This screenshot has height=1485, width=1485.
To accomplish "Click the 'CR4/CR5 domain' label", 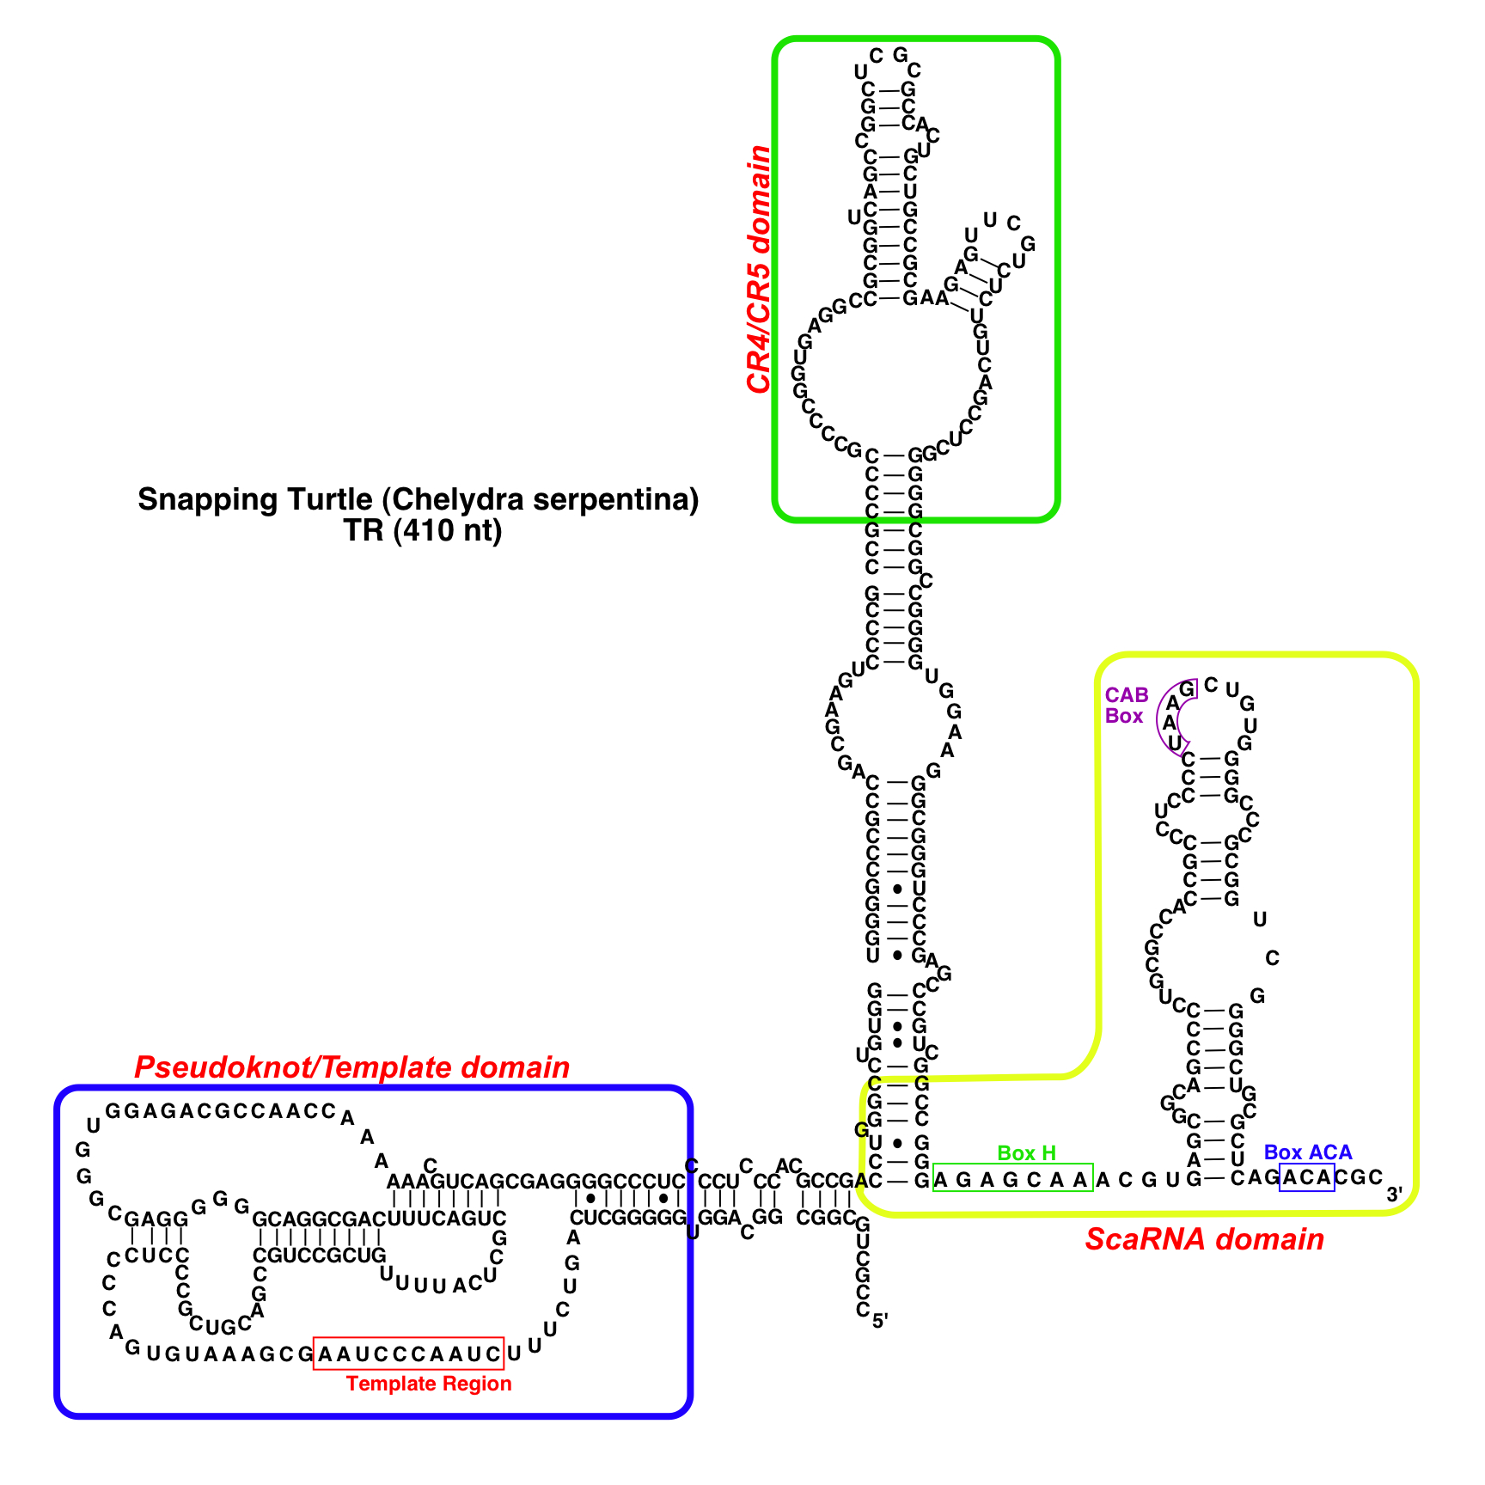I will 759,269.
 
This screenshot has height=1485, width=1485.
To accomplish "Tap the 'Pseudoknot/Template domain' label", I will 351,1067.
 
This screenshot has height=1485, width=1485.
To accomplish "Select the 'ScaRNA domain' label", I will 1204,1239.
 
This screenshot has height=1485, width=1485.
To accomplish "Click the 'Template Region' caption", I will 429,1383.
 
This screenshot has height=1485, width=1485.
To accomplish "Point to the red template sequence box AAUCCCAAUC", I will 408,1354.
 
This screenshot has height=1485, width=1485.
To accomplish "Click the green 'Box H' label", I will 1026,1152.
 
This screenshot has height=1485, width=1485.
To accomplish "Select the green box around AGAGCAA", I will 1012,1178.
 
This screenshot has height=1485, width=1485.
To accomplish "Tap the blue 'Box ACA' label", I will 1307,1152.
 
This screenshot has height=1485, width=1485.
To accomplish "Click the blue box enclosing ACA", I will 1306,1177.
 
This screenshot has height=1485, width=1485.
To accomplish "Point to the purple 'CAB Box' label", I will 1126,706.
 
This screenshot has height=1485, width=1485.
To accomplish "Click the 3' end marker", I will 1394,1195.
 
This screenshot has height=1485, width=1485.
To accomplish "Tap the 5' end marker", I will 880,1322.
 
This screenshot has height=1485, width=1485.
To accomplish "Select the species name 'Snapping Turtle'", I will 254,499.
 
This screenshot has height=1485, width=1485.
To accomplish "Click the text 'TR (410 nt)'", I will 423,531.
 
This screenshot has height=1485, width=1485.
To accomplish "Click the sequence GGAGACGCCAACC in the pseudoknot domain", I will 220,1110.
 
